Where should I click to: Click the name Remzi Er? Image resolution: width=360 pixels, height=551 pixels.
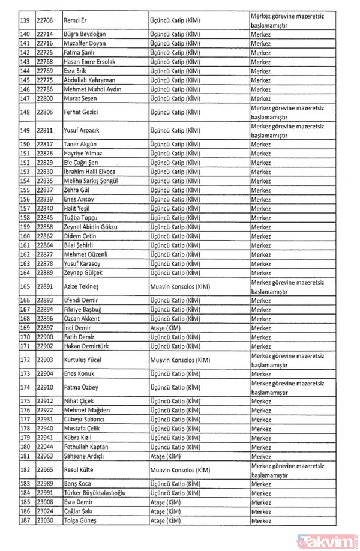pos(76,20)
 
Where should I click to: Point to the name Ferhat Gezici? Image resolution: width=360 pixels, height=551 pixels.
pos(81,112)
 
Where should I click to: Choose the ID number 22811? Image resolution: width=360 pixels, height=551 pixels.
pos(45,131)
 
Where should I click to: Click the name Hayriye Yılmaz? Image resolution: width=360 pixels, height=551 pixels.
pos(83,154)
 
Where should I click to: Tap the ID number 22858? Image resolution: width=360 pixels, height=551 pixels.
pos(45,227)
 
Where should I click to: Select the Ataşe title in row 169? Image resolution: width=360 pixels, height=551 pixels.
pos(166,328)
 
